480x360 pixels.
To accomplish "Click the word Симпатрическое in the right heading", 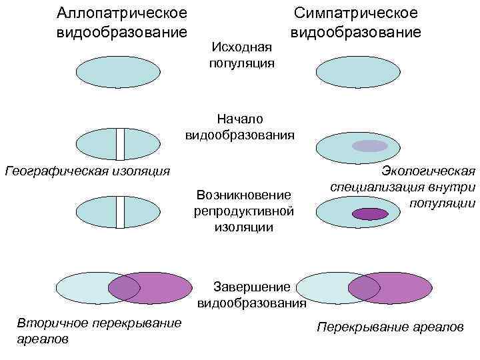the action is [x=356, y=13].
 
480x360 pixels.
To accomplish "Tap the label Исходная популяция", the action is [x=241, y=55].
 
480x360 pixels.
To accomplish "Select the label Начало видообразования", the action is [x=240, y=127].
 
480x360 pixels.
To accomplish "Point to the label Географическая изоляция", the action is [x=87, y=171].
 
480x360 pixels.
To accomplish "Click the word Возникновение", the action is [x=244, y=195].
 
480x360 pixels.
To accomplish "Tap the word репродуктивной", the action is [x=244, y=211].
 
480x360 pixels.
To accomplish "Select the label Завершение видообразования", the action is [x=252, y=295].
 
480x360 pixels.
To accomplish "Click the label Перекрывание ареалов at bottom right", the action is [x=390, y=328].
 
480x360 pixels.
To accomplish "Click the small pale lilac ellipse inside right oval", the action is [x=369, y=146].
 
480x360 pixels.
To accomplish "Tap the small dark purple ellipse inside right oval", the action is [x=369, y=214].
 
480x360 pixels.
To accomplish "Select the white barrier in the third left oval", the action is [x=120, y=212].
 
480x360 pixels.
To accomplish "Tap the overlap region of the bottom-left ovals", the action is [x=124, y=288].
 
